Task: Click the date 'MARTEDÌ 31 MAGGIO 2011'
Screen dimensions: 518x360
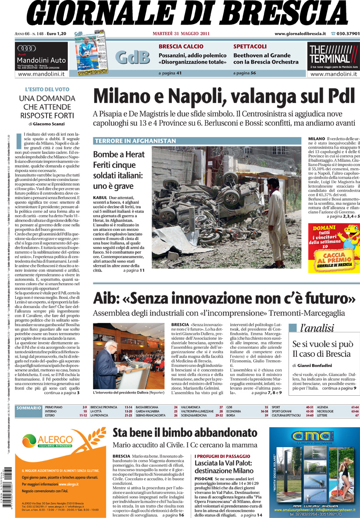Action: coord(181,34)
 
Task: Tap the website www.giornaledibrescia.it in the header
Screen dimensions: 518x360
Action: coord(300,34)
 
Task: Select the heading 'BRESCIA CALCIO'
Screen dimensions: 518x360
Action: coord(181,46)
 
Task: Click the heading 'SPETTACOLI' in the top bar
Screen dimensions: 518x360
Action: coord(250,46)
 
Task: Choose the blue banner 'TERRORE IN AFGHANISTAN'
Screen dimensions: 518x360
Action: coord(135,141)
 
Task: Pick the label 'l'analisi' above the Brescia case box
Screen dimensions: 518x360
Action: coord(317,328)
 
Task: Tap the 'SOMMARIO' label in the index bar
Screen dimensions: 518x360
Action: coord(29,408)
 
